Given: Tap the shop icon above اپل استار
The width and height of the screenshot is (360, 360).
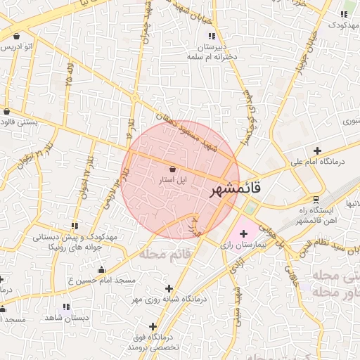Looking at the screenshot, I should tap(173, 168).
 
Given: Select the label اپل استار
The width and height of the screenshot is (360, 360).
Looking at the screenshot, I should tap(173, 180).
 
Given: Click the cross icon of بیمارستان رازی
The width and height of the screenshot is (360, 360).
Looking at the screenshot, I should tap(243, 233).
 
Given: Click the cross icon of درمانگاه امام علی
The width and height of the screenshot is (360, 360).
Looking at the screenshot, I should tap(318, 150).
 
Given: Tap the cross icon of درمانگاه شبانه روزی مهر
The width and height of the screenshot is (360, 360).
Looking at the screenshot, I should tap(168, 288).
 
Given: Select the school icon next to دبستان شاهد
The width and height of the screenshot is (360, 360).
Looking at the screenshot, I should tap(66, 307).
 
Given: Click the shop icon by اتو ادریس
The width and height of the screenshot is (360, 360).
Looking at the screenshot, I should tap(15, 35).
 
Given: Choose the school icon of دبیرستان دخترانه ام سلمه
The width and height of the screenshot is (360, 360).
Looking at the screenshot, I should tap(211, 35).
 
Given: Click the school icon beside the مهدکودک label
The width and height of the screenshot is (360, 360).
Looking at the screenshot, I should tap(345, 14).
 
